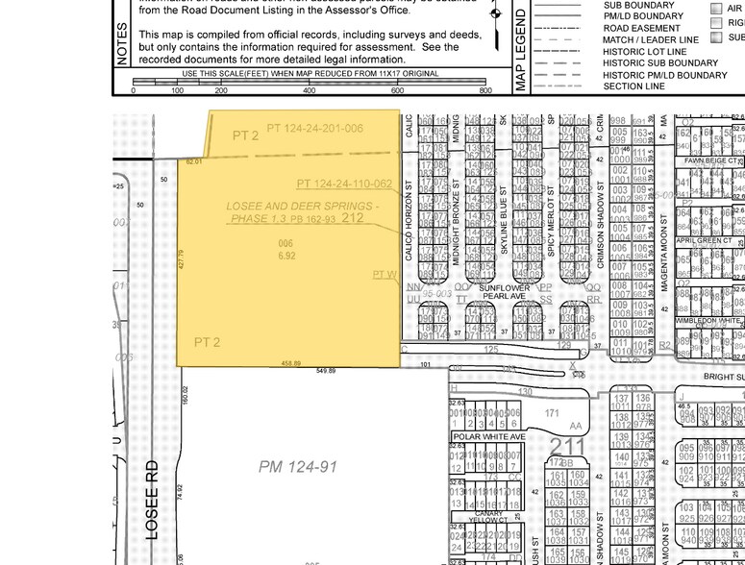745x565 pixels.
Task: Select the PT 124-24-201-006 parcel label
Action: (x=314, y=128)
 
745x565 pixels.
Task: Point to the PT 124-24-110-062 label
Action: (x=343, y=184)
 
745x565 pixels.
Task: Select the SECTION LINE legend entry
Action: (x=633, y=86)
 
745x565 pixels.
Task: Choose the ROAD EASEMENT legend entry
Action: (x=641, y=28)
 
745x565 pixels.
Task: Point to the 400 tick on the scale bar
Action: (x=310, y=90)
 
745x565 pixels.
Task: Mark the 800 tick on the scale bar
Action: (x=485, y=90)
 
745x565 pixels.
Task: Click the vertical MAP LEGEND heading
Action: (x=522, y=48)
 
